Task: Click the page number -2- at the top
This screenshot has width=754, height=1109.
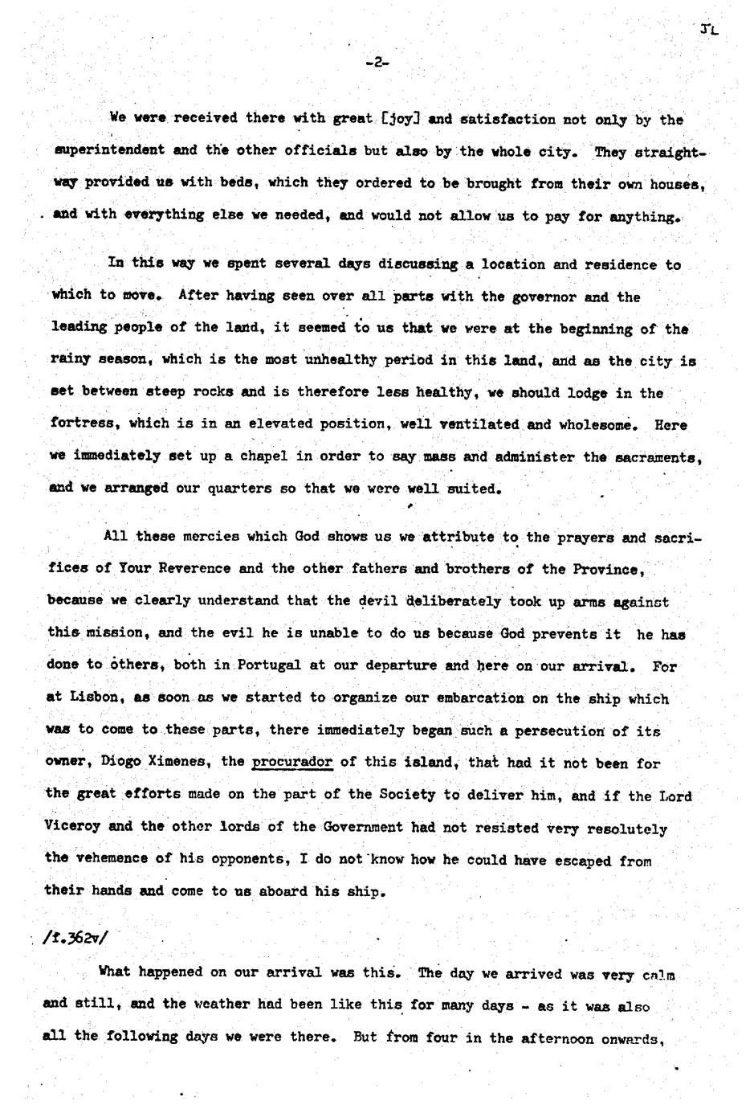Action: pos(377,62)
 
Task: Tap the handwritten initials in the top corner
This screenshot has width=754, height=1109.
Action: pos(708,30)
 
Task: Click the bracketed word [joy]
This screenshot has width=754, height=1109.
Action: pos(400,119)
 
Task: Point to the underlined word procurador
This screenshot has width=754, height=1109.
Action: pos(292,762)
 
